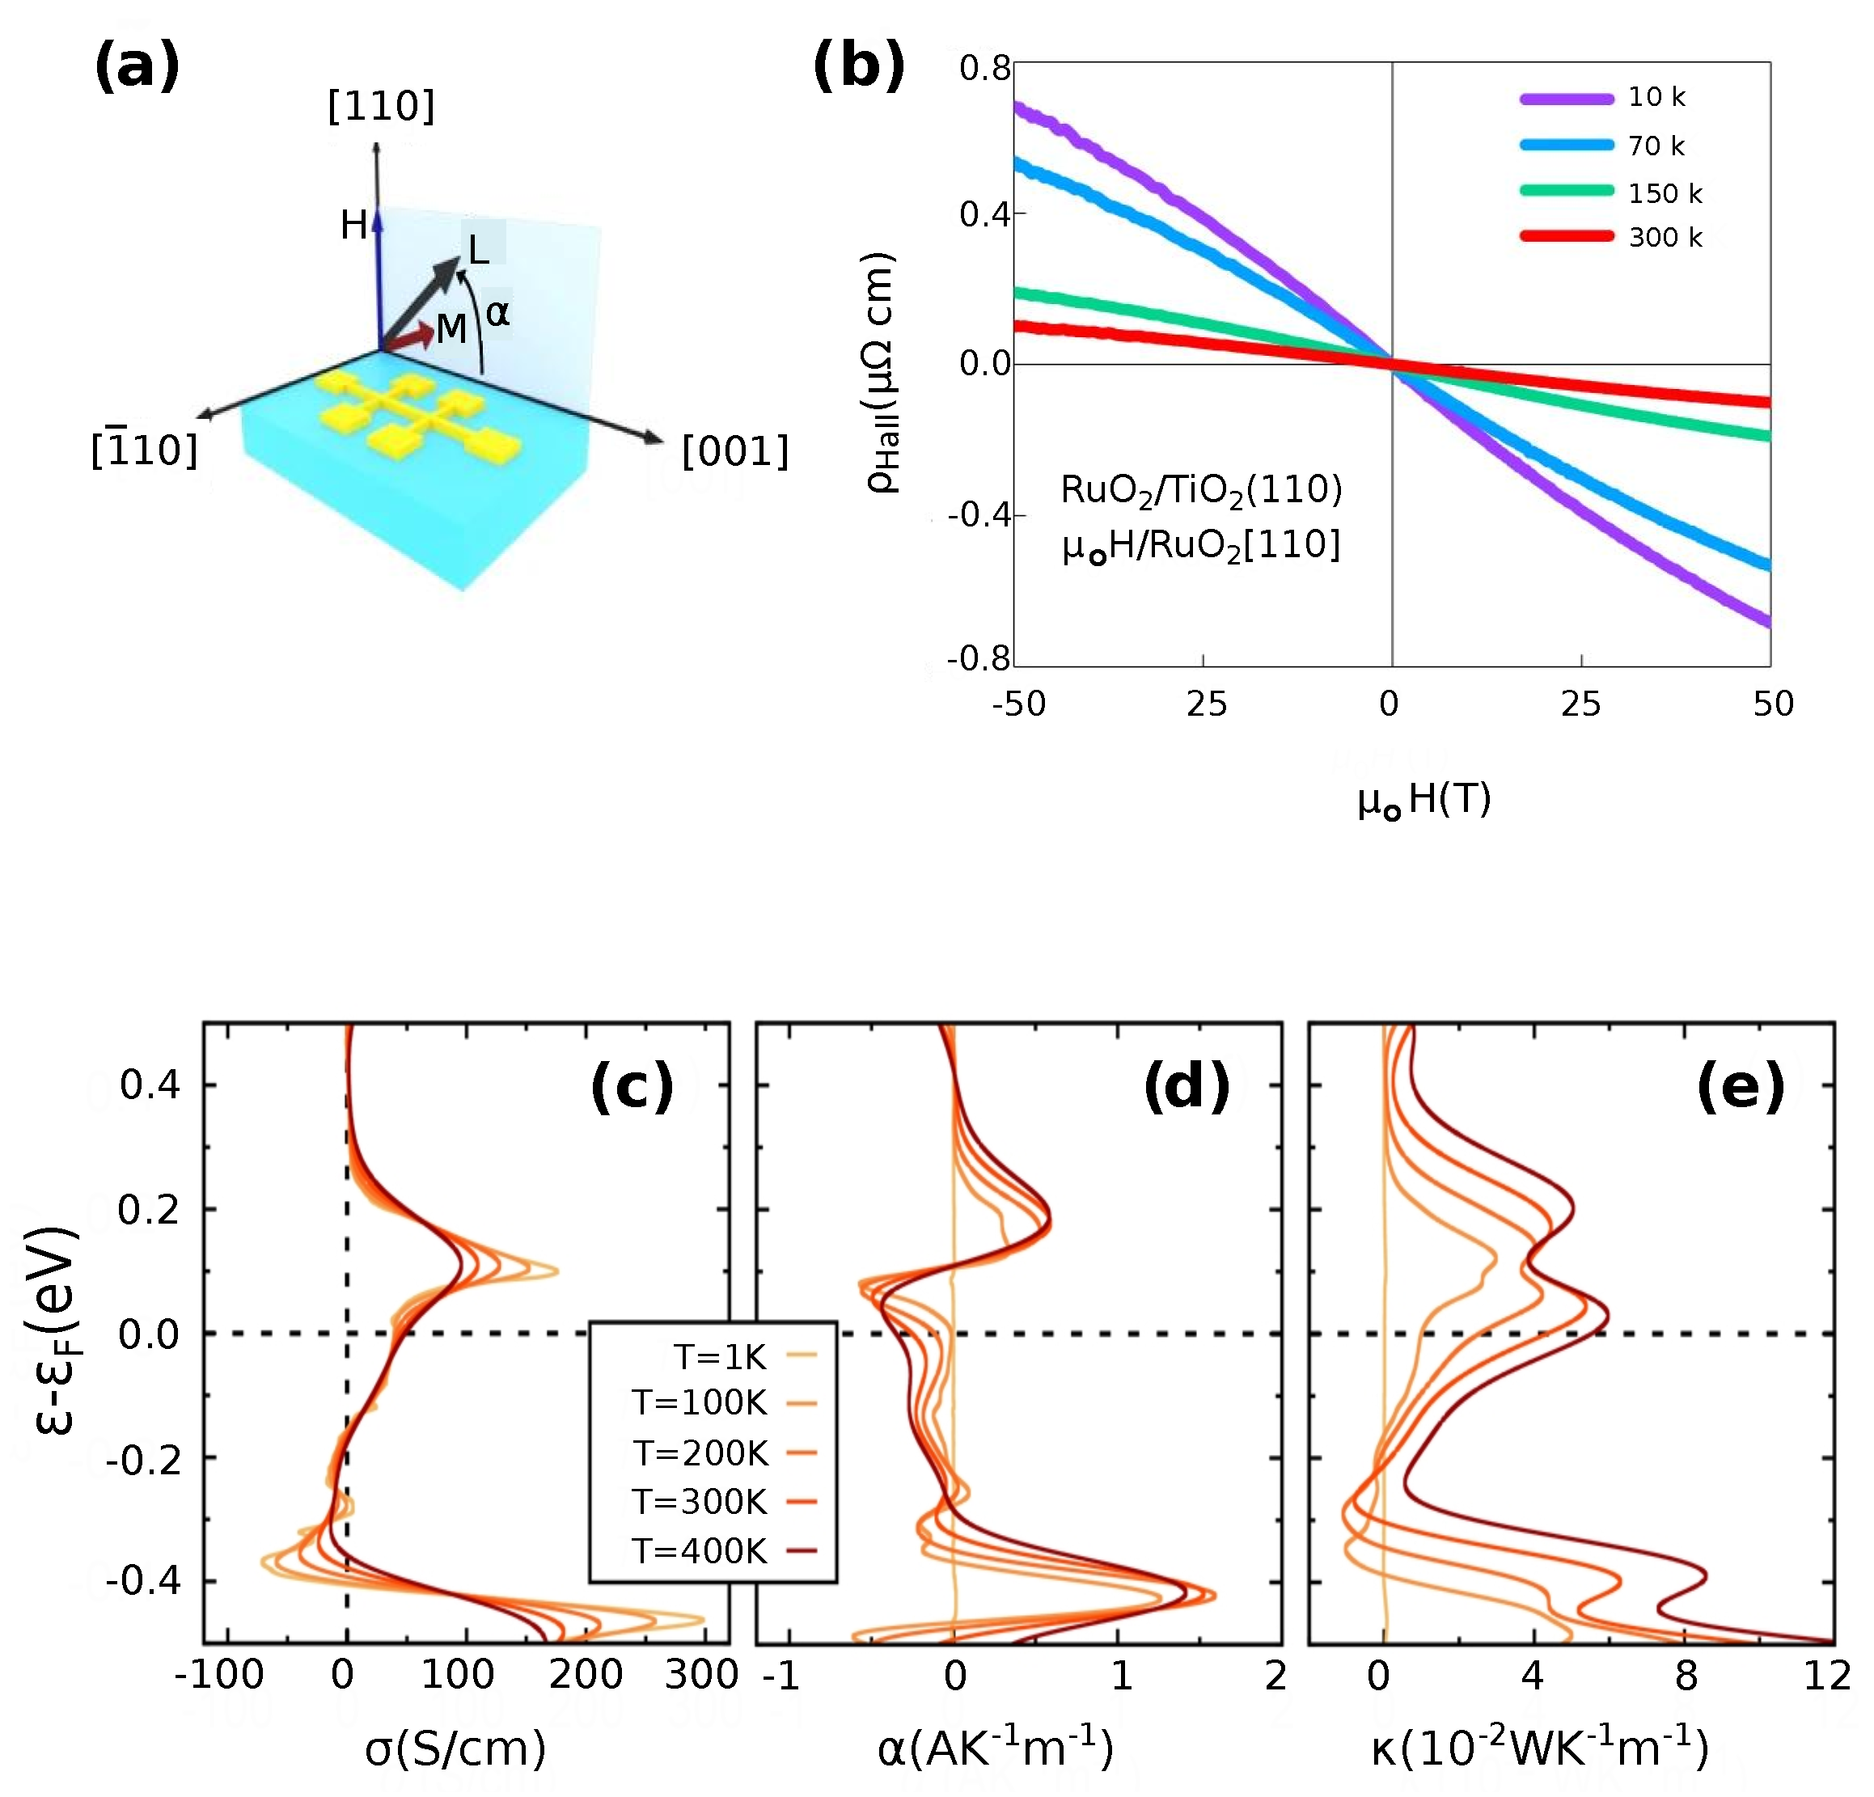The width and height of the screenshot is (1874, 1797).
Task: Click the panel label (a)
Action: (137, 68)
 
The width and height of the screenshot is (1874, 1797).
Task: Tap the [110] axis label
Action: (380, 105)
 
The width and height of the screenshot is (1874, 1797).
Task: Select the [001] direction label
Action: (734, 451)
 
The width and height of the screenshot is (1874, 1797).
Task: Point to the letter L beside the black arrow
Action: (478, 252)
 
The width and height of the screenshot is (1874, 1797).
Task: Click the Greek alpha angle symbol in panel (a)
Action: (497, 312)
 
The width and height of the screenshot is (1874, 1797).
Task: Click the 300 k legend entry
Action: (1665, 238)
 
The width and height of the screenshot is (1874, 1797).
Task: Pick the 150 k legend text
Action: (1665, 194)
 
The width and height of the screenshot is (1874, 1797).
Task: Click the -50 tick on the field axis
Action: (1019, 704)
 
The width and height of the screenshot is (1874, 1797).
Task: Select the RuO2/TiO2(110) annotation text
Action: (1201, 490)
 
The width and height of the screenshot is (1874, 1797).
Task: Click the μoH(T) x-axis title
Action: (1423, 799)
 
